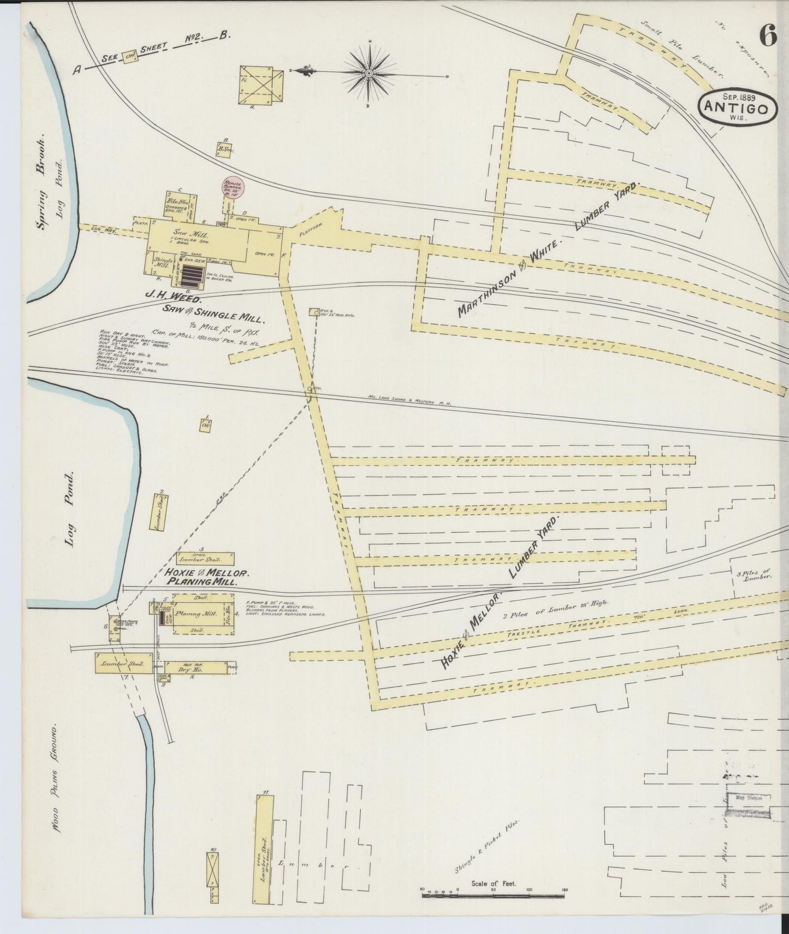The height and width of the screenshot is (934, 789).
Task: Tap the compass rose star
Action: click(x=370, y=72)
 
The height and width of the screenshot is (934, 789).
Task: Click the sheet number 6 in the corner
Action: click(x=767, y=37)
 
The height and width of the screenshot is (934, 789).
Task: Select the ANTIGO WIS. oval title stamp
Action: click(x=738, y=108)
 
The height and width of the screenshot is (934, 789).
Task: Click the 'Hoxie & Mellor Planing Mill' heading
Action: click(x=206, y=578)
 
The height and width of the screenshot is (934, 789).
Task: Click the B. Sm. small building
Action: click(x=224, y=150)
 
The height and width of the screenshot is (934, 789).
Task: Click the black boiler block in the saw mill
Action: click(x=192, y=276)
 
